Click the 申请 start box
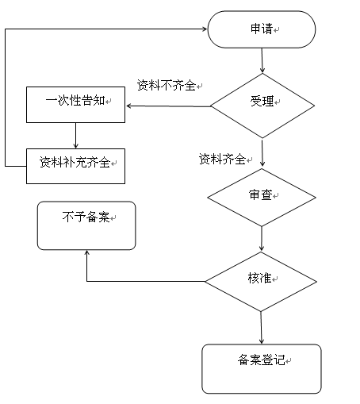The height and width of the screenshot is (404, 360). coord(262,29)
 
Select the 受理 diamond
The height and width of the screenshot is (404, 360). coord(262,106)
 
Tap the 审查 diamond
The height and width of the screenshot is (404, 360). coord(262,198)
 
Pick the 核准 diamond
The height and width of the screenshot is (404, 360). coord(261,282)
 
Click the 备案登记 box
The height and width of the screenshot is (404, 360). coord(262,369)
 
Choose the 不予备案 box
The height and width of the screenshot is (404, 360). coord(86,225)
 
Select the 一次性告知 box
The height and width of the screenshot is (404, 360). coord(75,105)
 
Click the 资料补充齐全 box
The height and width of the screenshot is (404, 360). coord(75,166)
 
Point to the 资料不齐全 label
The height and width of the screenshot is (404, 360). coord(167,85)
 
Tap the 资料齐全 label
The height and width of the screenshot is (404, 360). coord(222,159)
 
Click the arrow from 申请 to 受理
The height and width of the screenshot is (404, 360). coord(262,60)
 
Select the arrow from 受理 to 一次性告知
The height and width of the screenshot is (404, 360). coord(168,106)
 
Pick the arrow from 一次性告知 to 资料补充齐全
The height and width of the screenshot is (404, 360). coord(75,135)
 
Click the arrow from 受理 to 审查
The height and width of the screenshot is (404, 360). coord(262,152)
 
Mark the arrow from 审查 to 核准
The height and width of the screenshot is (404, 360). coord(262,238)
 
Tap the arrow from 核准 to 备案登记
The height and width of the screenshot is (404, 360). coord(262,328)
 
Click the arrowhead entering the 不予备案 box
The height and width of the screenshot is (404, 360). coord(86,252)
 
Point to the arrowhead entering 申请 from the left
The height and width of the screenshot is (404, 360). coord(205,29)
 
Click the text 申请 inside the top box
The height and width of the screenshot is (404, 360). coord(262,29)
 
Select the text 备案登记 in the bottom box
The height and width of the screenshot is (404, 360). coord(261,360)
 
